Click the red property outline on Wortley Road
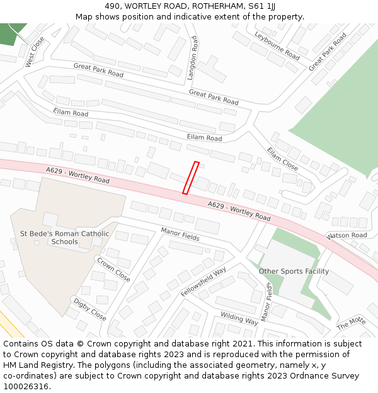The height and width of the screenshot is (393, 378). click(x=191, y=178)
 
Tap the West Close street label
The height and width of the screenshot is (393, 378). click(x=35, y=52)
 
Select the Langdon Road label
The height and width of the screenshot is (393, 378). click(x=193, y=58)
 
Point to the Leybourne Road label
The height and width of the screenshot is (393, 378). click(x=277, y=45)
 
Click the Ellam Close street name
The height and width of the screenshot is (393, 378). click(x=282, y=159)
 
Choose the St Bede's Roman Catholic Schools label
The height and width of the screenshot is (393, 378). click(x=65, y=238)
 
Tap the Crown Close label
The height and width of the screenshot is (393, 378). click(x=113, y=269)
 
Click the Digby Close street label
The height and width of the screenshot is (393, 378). click(x=89, y=308)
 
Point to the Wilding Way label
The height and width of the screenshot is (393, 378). click(x=239, y=318)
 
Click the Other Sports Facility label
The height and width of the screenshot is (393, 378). click(x=294, y=271)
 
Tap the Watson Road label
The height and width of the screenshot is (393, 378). click(x=347, y=236)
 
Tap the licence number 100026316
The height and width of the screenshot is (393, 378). click(x=27, y=387)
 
